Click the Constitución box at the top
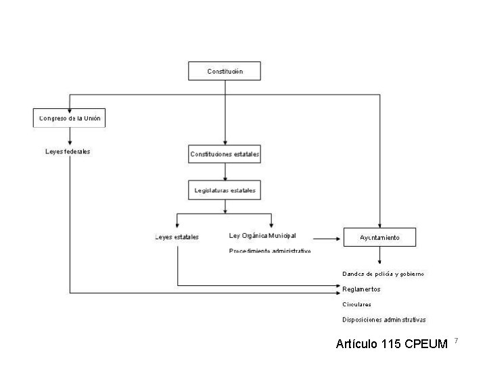click(x=224, y=71)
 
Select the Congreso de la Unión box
click(x=70, y=118)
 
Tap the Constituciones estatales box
click(x=224, y=154)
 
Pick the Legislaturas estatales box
click(x=224, y=191)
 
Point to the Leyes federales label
click(x=68, y=151)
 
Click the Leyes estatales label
click(x=177, y=237)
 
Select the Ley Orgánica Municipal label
click(x=262, y=236)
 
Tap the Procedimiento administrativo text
click(x=270, y=251)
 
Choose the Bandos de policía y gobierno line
click(x=383, y=274)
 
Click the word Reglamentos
click(x=361, y=289)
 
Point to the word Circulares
click(x=356, y=304)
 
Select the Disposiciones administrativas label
click(x=384, y=319)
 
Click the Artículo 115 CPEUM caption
click(x=392, y=345)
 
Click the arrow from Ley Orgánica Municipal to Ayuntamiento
click(x=327, y=238)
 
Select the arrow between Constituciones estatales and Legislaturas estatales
click(x=224, y=172)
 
